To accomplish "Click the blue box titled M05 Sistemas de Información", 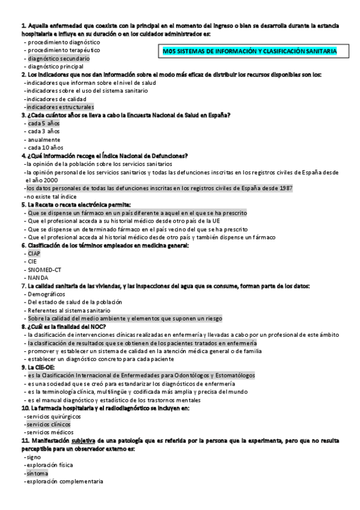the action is pyautogui.click(x=249, y=52).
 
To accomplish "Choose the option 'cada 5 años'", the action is pyautogui.click(x=44, y=123).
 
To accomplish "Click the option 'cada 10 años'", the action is pyautogui.click(x=45, y=147).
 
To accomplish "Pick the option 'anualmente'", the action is pyautogui.click(x=44, y=139).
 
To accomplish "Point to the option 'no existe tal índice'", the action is pyautogui.click(x=50, y=196).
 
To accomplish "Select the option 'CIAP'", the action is pyautogui.click(x=34, y=253).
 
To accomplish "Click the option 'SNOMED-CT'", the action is pyautogui.click(x=44, y=269).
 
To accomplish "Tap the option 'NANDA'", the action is pyautogui.click(x=37, y=278).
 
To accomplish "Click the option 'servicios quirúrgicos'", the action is pyautogui.click(x=52, y=416).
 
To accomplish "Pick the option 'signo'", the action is pyautogui.click(x=34, y=457).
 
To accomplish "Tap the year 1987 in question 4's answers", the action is pyautogui.click(x=284, y=188).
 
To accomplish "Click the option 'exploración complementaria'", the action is pyautogui.click(x=65, y=482).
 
